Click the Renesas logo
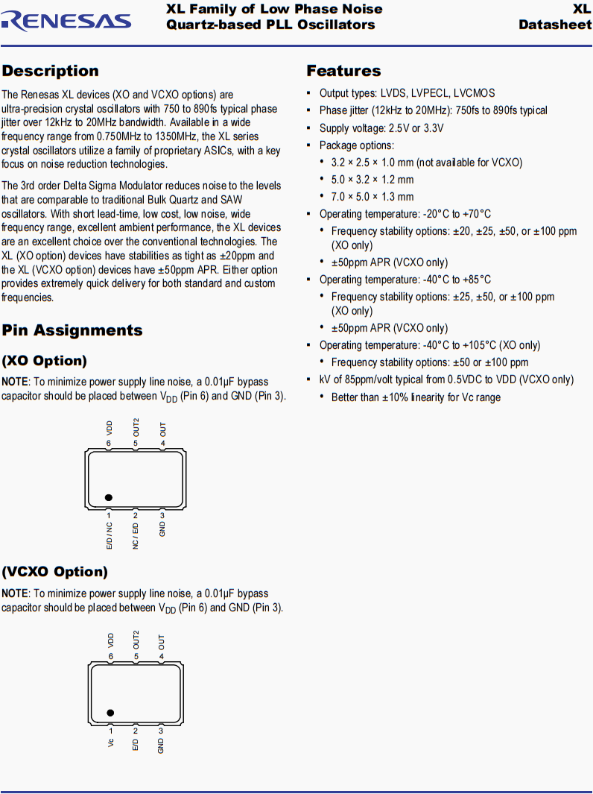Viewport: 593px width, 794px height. [x=66, y=20]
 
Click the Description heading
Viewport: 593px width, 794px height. [x=50, y=71]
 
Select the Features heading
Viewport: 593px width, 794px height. [x=343, y=71]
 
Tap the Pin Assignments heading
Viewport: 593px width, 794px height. [x=72, y=330]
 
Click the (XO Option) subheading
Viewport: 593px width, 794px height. [x=44, y=361]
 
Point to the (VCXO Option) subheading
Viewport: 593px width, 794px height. [x=54, y=572]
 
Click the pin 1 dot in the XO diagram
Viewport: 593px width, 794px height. [x=109, y=497]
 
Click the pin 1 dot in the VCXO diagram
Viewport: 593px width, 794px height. [x=110, y=713]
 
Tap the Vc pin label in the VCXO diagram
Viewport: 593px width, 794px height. [x=111, y=743]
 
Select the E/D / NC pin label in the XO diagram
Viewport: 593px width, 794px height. [x=109, y=536]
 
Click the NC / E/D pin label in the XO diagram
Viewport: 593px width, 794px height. [x=136, y=536]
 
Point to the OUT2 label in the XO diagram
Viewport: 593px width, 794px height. [x=136, y=426]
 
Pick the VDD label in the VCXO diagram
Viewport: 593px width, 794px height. [x=111, y=639]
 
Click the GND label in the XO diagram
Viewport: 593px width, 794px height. [x=162, y=529]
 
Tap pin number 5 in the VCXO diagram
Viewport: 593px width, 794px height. [x=136, y=657]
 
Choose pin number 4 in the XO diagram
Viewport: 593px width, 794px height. [x=162, y=443]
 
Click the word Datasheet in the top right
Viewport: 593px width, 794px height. [x=555, y=25]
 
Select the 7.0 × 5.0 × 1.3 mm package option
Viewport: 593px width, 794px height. [x=372, y=197]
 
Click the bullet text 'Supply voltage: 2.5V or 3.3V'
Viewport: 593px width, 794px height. [x=381, y=128]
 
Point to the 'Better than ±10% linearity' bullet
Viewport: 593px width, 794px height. [x=416, y=397]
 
